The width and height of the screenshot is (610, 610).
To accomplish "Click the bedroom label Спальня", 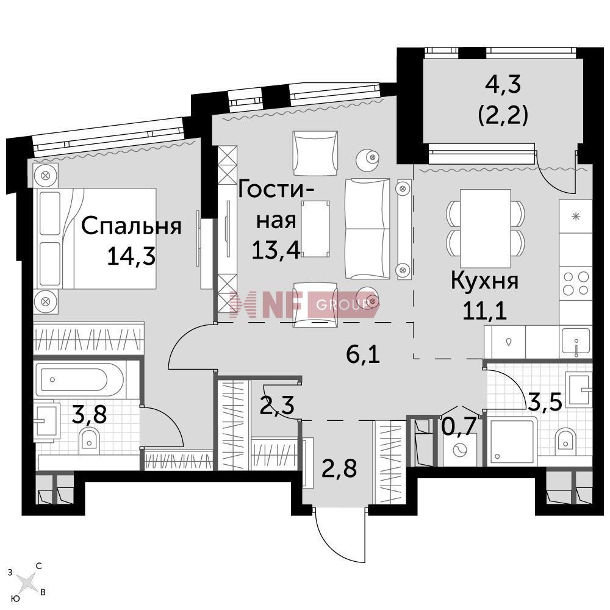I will pos(131,226).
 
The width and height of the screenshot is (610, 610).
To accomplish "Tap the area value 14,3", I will pos(131,256).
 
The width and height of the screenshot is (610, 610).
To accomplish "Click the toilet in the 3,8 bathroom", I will pos(90,439).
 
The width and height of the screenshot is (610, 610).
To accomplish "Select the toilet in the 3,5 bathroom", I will pos(565,439).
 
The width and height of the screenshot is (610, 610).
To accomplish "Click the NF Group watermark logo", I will pos(299,305).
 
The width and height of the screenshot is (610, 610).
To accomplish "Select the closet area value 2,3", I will pos(276,406).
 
